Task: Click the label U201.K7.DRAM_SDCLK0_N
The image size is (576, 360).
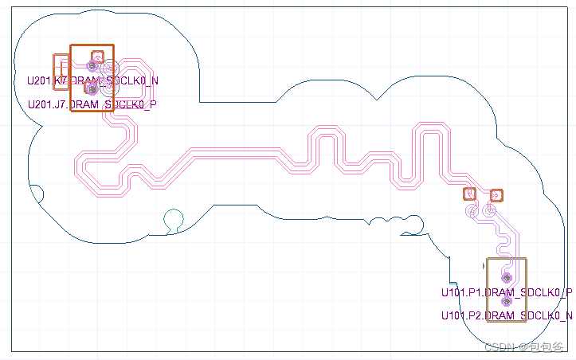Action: click(92, 80)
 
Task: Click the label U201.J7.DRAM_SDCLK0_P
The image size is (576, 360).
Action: click(92, 104)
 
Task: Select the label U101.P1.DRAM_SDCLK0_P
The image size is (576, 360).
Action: click(507, 292)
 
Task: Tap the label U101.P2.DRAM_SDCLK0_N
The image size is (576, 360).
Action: click(507, 316)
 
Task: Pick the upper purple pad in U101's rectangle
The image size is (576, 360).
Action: click(506, 277)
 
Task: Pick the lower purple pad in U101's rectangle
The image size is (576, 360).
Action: click(506, 301)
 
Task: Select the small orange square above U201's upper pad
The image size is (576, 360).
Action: click(97, 56)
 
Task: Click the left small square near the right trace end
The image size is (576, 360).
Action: click(470, 194)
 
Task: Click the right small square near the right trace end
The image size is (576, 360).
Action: click(496, 194)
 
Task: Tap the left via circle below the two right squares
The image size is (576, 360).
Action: click(472, 212)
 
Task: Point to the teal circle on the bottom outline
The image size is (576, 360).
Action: click(173, 218)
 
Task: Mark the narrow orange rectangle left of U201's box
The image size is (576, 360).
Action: click(60, 72)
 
